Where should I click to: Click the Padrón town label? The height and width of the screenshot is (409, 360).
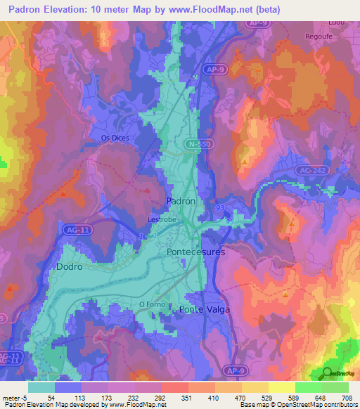179,200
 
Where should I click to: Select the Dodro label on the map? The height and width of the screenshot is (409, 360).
69,267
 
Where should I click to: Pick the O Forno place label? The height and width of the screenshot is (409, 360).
151,304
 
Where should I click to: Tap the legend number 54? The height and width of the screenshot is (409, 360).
51,397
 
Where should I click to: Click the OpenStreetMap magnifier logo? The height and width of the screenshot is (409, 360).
328,373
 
